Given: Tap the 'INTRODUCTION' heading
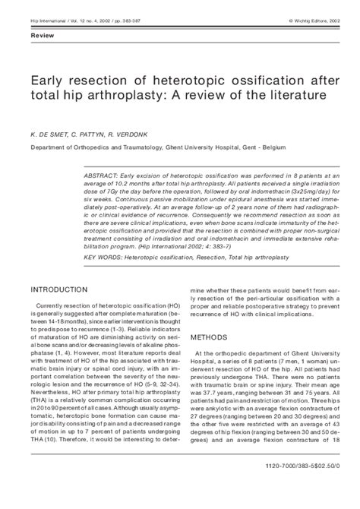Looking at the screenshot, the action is (65, 269).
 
